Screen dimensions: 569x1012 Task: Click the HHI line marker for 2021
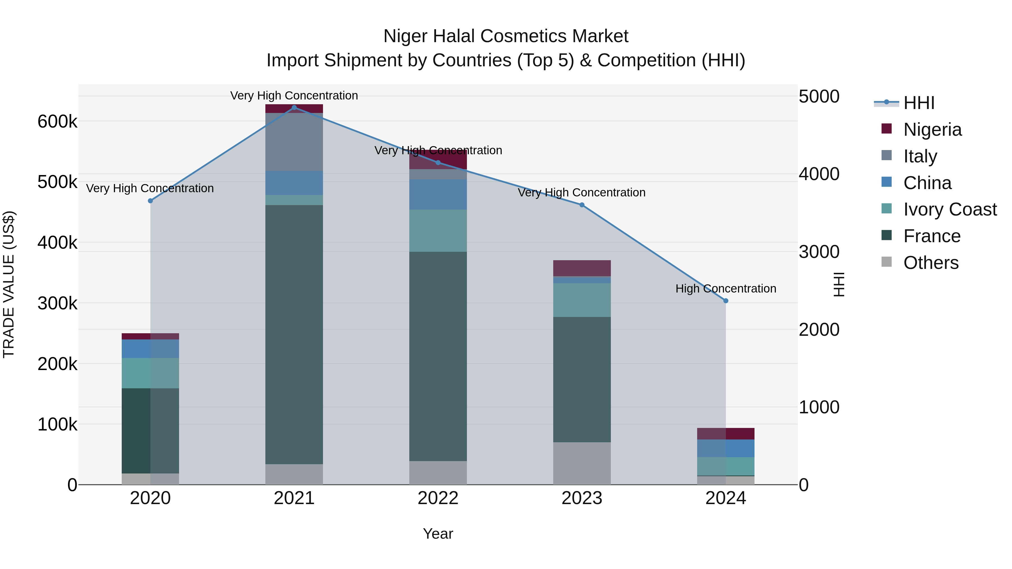tap(294, 108)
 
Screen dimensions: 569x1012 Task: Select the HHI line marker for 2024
tap(726, 301)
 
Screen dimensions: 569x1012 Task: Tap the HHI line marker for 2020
tap(150, 201)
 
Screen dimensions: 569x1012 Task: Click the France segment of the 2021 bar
tap(294, 334)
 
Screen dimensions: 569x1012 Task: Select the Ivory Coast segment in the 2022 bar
tap(438, 230)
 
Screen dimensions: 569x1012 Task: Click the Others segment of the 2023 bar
tap(582, 463)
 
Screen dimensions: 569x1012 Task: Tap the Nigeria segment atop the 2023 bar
tap(582, 268)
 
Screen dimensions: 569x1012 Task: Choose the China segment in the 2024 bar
tap(726, 448)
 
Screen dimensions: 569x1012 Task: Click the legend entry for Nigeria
tap(932, 130)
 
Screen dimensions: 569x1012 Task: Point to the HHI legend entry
tap(918, 103)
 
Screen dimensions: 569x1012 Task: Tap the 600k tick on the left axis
tap(57, 121)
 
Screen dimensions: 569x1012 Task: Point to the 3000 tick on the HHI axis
tap(819, 252)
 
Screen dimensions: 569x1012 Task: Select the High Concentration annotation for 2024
tap(726, 289)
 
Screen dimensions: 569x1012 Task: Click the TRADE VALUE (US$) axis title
tap(9, 284)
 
